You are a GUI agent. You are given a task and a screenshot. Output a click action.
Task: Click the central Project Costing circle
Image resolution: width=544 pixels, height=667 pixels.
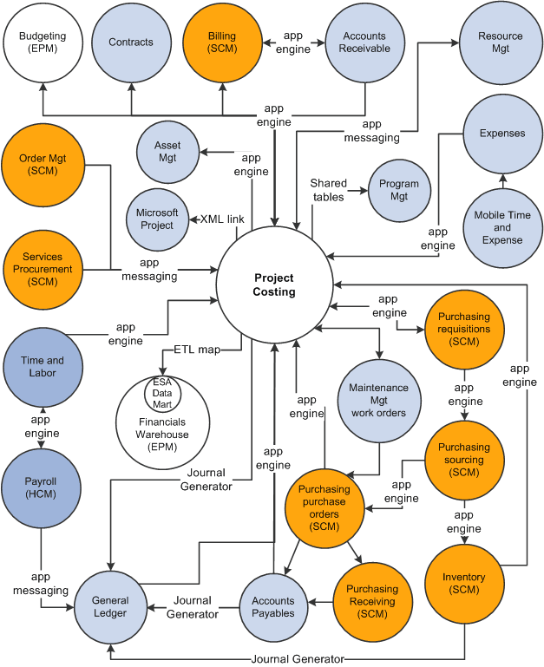click(274, 285)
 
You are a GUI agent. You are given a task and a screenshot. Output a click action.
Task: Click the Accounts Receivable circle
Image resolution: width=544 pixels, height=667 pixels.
click(364, 43)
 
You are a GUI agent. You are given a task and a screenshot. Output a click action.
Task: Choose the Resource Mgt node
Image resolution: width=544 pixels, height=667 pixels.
click(501, 43)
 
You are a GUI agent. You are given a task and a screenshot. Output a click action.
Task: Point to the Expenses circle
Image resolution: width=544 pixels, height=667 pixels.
click(503, 134)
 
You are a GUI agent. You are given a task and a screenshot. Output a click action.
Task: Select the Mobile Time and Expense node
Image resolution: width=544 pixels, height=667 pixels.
click(503, 227)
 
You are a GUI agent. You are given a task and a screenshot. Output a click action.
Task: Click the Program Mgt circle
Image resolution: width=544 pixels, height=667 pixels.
click(399, 189)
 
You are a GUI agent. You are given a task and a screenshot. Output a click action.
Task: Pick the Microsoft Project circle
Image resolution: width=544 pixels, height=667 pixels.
click(157, 219)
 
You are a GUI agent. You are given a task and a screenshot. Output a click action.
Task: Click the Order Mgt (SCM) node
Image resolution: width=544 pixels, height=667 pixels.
click(42, 165)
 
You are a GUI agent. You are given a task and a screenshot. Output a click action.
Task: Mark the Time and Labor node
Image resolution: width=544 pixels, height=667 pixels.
click(42, 366)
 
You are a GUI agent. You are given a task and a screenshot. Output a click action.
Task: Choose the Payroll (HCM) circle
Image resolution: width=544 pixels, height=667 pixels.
click(42, 488)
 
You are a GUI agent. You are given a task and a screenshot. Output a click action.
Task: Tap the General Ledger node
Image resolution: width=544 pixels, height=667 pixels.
click(110, 606)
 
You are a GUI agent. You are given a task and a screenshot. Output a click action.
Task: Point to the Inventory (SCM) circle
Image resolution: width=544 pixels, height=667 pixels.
click(464, 583)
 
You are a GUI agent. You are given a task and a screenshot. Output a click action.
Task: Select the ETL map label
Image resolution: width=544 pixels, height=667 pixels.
click(195, 350)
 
